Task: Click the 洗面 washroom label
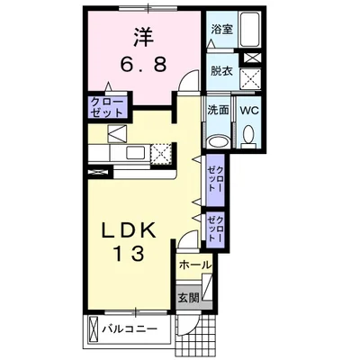point(219,111)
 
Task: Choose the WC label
point(249,111)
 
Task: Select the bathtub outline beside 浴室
point(251,31)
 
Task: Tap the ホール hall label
point(193,265)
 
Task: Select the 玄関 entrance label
point(186,298)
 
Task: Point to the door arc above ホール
point(185,243)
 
